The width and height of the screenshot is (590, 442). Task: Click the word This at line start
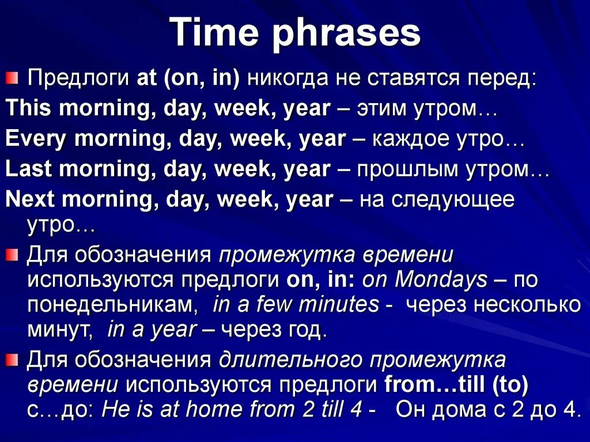click(x=28, y=108)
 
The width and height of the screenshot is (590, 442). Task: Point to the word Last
click(x=29, y=168)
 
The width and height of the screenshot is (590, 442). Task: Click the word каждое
click(x=410, y=138)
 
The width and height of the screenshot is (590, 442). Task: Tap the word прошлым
click(x=408, y=169)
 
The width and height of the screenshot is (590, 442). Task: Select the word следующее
click(x=453, y=199)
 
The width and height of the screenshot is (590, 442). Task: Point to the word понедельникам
click(x=112, y=305)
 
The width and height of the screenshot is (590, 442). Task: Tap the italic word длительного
click(x=290, y=360)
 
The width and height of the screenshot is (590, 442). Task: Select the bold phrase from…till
click(x=434, y=384)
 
